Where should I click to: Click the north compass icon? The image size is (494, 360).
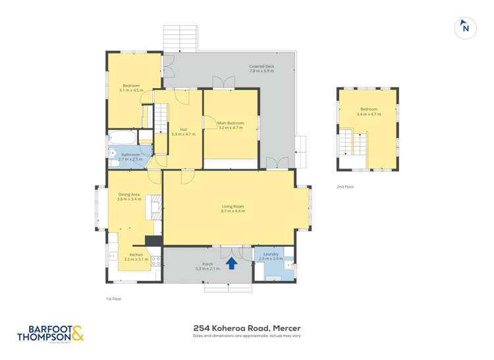pos(465,28)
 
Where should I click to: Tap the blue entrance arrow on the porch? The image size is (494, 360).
pos(232,263)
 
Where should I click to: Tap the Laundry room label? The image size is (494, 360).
pos(271,256)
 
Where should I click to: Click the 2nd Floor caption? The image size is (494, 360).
pos(345,187)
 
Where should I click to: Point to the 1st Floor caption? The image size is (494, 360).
pos(114,298)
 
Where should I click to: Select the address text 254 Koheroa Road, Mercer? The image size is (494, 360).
pos(246,327)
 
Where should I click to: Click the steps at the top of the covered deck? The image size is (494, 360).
pos(180,39)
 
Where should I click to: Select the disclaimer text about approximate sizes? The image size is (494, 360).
pos(246,336)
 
